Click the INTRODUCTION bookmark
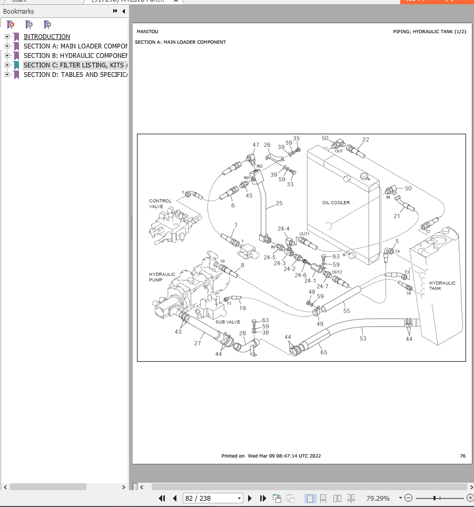click(x=46, y=37)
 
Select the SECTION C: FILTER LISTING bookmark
click(x=74, y=65)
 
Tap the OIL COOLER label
click(x=335, y=203)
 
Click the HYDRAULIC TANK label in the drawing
click(x=442, y=285)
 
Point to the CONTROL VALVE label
click(x=160, y=204)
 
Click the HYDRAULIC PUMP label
click(x=162, y=277)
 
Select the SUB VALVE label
click(x=228, y=322)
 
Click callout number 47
click(x=256, y=145)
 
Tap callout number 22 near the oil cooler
click(x=366, y=140)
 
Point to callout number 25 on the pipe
click(x=279, y=203)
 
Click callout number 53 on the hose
click(x=363, y=339)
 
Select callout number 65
click(x=323, y=352)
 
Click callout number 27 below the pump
click(x=197, y=343)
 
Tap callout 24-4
click(x=283, y=229)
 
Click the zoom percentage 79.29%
click(x=378, y=498)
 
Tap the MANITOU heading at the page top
click(x=147, y=32)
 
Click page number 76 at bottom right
click(x=462, y=456)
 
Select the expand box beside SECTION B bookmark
click(x=7, y=56)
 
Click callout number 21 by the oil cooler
click(x=397, y=216)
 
